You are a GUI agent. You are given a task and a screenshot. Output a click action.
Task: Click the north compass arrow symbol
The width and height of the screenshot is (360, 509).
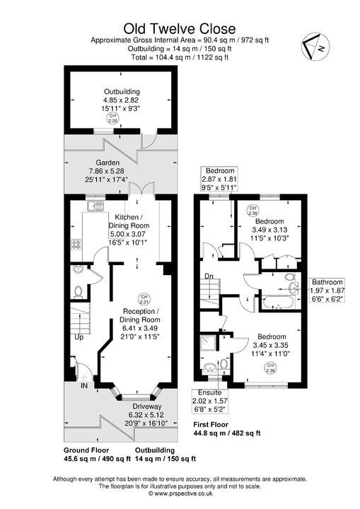[313, 47]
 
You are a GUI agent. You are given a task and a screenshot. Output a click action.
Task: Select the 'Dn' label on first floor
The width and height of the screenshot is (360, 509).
[209, 276]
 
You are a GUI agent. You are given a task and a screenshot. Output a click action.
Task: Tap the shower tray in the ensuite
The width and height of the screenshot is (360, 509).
[209, 344]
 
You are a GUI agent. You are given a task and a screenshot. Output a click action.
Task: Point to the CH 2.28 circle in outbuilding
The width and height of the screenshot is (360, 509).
[114, 120]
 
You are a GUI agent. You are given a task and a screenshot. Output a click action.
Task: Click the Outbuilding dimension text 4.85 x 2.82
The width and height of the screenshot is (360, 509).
[122, 100]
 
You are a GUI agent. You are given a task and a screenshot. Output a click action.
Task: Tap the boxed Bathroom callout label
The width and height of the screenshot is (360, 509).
[327, 290]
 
